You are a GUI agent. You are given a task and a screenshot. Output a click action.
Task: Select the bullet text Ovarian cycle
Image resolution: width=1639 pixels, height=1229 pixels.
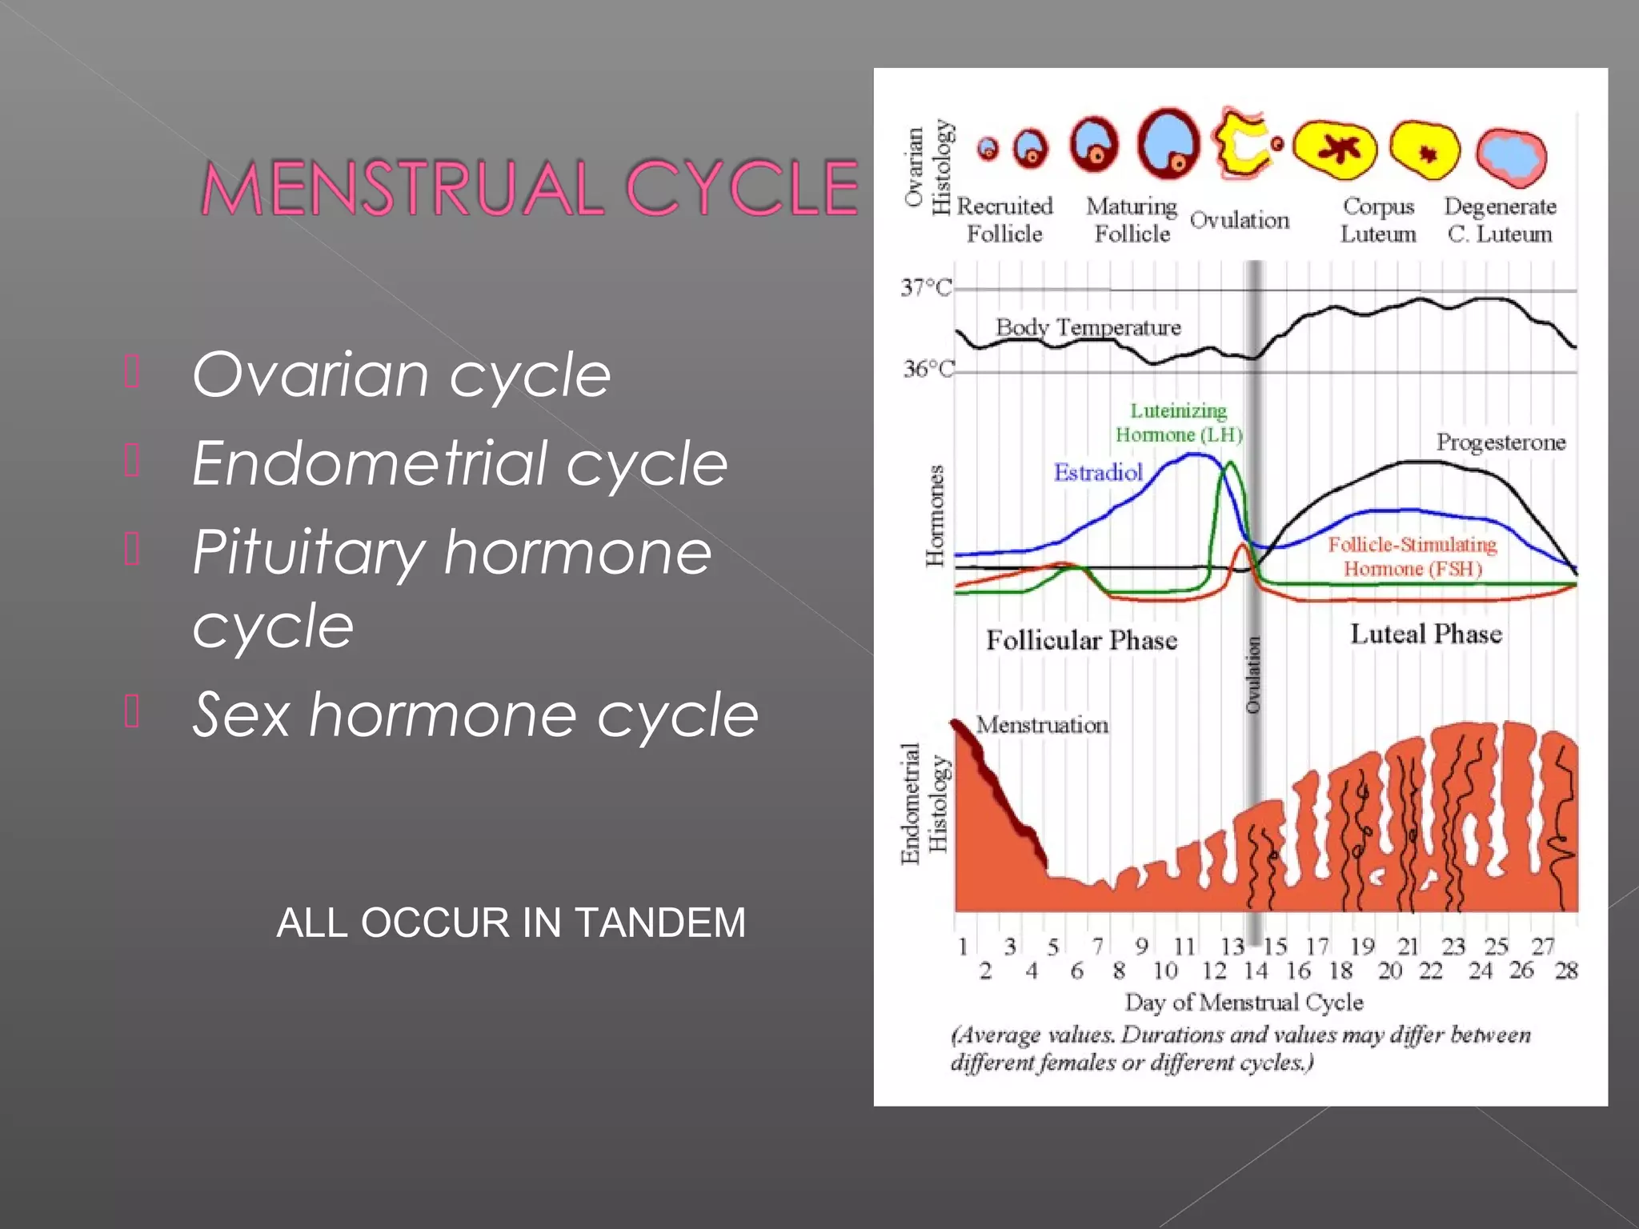click(x=401, y=374)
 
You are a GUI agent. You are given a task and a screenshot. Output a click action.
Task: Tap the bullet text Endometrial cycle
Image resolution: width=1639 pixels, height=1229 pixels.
click(x=459, y=463)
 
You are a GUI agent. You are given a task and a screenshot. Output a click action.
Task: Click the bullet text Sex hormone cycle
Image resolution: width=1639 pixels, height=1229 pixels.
click(x=475, y=715)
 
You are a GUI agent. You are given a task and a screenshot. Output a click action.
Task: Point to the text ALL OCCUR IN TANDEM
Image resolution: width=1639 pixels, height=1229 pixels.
click(x=511, y=923)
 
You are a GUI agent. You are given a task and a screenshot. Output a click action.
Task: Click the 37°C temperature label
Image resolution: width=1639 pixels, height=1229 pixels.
click(x=926, y=287)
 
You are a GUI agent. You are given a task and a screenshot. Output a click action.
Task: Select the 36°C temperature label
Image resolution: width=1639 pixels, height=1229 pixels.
click(x=928, y=369)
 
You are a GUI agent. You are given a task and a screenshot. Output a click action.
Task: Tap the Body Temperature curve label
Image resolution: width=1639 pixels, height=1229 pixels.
click(x=1088, y=327)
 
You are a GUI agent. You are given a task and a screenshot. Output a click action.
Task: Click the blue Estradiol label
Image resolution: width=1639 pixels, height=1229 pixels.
click(x=1097, y=473)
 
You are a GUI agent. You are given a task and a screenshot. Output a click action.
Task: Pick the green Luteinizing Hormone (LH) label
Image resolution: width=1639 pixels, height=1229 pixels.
click(x=1178, y=422)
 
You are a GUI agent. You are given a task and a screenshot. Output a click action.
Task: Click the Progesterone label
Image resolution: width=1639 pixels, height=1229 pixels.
click(x=1500, y=442)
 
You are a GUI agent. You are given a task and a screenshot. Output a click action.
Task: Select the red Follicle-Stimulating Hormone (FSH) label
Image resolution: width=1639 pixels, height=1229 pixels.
click(x=1413, y=557)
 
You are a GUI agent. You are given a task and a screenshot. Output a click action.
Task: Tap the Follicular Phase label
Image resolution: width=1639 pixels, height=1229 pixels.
click(x=1081, y=640)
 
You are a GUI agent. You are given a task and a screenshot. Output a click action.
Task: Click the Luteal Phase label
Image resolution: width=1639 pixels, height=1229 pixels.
click(x=1426, y=634)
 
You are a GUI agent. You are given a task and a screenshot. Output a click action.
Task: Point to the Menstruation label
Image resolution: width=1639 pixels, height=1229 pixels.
click(x=1042, y=725)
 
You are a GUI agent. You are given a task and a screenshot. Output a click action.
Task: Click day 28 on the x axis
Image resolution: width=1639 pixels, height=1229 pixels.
click(x=1566, y=971)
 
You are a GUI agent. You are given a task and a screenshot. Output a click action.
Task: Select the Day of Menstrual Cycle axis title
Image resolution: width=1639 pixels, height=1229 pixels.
click(x=1244, y=1003)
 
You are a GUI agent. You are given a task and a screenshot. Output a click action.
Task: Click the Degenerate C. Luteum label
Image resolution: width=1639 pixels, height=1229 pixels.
click(x=1500, y=220)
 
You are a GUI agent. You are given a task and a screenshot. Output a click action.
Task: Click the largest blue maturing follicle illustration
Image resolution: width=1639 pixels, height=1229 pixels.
click(x=1169, y=144)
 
